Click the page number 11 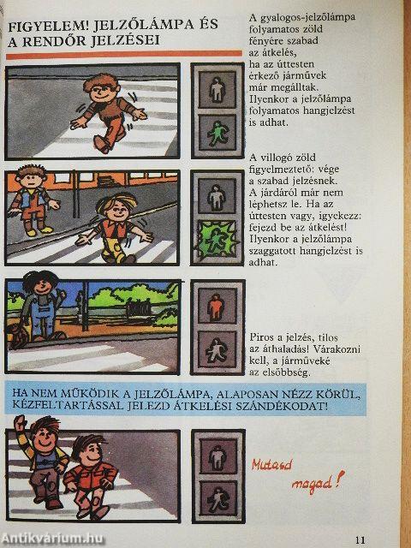click(x=360, y=539)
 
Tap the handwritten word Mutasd click(x=273, y=464)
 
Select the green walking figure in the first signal click(x=217, y=131)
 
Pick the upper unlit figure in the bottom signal click(x=217, y=454)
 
